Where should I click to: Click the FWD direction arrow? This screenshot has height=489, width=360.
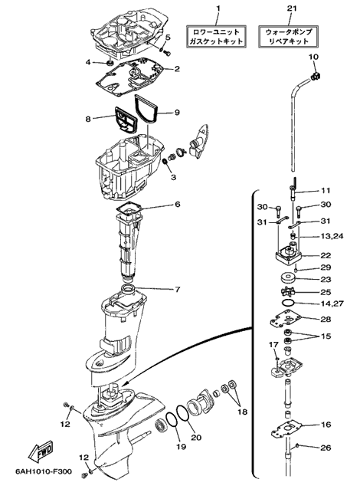(41, 452)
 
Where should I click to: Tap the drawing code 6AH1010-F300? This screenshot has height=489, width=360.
(43, 471)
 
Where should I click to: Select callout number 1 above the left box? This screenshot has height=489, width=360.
(218, 8)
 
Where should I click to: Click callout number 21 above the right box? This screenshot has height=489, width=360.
(291, 8)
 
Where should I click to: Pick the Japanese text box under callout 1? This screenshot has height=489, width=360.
(217, 37)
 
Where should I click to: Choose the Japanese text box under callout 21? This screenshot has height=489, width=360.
(288, 37)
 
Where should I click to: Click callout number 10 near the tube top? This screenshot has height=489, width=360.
(313, 57)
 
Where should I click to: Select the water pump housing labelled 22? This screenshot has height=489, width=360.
(289, 254)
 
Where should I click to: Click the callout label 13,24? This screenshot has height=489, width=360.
(332, 236)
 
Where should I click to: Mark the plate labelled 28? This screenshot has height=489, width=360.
(285, 320)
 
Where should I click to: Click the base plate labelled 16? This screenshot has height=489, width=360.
(287, 431)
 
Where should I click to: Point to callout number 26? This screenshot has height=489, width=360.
(326, 448)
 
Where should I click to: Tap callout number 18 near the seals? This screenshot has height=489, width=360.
(242, 412)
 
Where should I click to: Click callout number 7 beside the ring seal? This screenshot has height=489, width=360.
(178, 290)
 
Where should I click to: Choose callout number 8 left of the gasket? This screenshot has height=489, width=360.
(88, 119)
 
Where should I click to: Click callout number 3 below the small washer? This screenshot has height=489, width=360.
(173, 177)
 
